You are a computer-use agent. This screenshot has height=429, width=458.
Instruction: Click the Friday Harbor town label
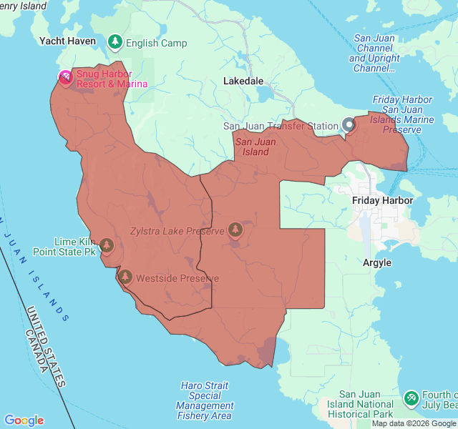click(x=382, y=201)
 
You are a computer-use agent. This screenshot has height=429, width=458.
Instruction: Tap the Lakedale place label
click(x=243, y=82)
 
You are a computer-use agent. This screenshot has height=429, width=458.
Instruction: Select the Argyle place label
click(x=377, y=262)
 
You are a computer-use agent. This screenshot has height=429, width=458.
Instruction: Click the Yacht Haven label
click(x=67, y=41)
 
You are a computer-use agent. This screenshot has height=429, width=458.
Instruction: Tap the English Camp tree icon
click(x=114, y=42)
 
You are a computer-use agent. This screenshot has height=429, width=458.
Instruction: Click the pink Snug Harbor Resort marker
click(x=65, y=77)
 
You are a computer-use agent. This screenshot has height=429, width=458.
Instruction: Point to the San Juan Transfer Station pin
click(x=349, y=125)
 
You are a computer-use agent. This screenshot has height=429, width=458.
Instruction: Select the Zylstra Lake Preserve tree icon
click(x=235, y=230)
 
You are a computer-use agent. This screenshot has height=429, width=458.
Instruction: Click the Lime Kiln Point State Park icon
click(x=107, y=246)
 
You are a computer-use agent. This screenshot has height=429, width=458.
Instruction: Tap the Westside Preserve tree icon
click(x=125, y=277)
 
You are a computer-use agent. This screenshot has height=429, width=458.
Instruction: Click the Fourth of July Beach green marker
click(x=411, y=398)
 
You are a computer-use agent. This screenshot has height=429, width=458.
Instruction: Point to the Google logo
click(x=24, y=420)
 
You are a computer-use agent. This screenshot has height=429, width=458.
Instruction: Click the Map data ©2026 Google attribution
click(x=414, y=423)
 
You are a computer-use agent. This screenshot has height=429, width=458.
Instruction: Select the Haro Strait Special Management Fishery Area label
click(x=205, y=400)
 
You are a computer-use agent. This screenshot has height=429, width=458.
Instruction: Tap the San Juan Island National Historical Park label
click(x=366, y=404)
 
